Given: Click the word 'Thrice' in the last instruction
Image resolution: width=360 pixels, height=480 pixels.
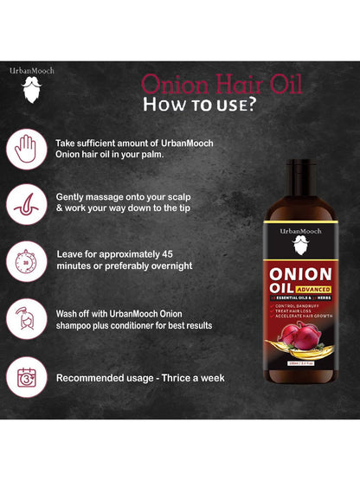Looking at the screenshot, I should [185, 378].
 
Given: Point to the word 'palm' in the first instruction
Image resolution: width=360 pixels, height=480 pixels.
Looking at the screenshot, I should [153, 153].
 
